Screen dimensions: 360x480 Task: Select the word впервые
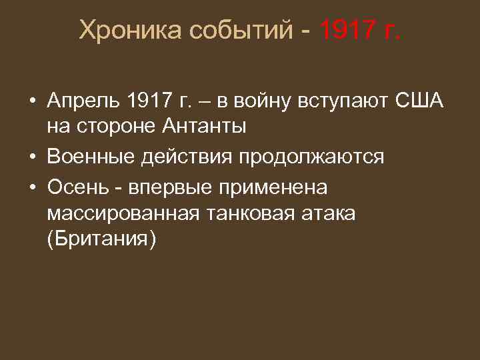tap(165, 189)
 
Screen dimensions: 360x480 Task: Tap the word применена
tap(273, 189)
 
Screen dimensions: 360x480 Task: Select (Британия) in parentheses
tap(101, 238)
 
